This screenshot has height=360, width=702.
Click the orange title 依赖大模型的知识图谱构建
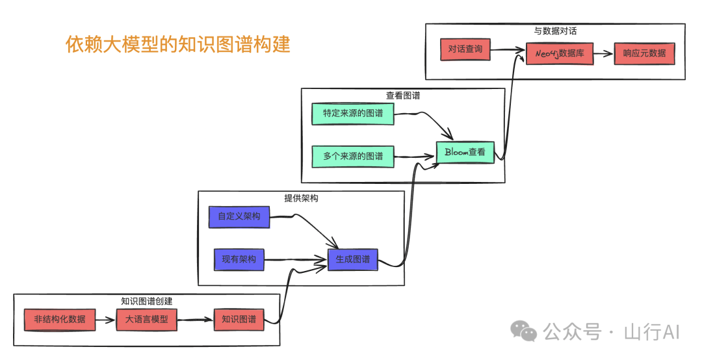(x=178, y=45)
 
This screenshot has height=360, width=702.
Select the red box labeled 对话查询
(x=465, y=49)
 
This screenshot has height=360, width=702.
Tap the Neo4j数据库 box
(x=560, y=54)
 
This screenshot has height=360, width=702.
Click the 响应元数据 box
(x=644, y=54)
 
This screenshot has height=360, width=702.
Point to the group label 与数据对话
(x=555, y=31)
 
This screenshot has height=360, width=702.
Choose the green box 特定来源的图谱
(x=353, y=114)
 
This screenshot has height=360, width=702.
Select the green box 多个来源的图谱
(x=353, y=157)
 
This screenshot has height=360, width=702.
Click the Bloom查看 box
(x=465, y=152)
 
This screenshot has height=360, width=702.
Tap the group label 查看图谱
(x=403, y=96)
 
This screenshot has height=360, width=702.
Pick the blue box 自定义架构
(x=239, y=216)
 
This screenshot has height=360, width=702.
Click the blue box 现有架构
(x=239, y=259)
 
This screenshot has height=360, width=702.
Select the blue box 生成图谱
(x=352, y=259)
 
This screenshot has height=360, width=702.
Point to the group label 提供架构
(x=301, y=198)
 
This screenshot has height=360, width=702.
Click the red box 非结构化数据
(x=59, y=320)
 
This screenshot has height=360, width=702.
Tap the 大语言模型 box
(x=146, y=320)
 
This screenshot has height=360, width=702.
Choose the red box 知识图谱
(x=239, y=320)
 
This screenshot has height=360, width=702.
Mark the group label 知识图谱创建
(x=146, y=301)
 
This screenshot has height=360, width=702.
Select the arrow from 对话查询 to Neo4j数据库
(x=508, y=50)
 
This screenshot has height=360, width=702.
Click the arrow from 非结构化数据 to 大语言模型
(x=105, y=320)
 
